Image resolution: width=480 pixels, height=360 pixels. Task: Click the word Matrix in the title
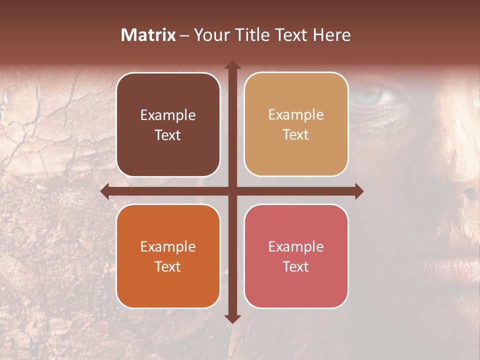click(x=148, y=35)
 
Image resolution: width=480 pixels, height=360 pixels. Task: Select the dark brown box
click(x=168, y=124)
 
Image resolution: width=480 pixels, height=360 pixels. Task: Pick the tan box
click(x=296, y=124)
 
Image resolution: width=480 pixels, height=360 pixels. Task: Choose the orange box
click(x=168, y=256)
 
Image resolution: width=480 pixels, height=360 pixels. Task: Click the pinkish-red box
click(x=296, y=256)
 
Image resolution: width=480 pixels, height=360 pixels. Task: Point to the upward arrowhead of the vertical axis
click(x=232, y=65)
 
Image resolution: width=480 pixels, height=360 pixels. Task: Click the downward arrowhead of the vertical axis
click(x=232, y=318)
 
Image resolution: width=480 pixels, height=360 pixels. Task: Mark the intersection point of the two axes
click(x=232, y=191)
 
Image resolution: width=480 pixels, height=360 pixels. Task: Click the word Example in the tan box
click(x=296, y=114)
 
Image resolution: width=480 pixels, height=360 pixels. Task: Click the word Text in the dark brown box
click(x=168, y=135)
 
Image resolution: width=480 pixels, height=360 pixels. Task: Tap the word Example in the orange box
click(x=168, y=246)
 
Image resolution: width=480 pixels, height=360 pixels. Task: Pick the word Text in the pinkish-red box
click(x=296, y=266)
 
